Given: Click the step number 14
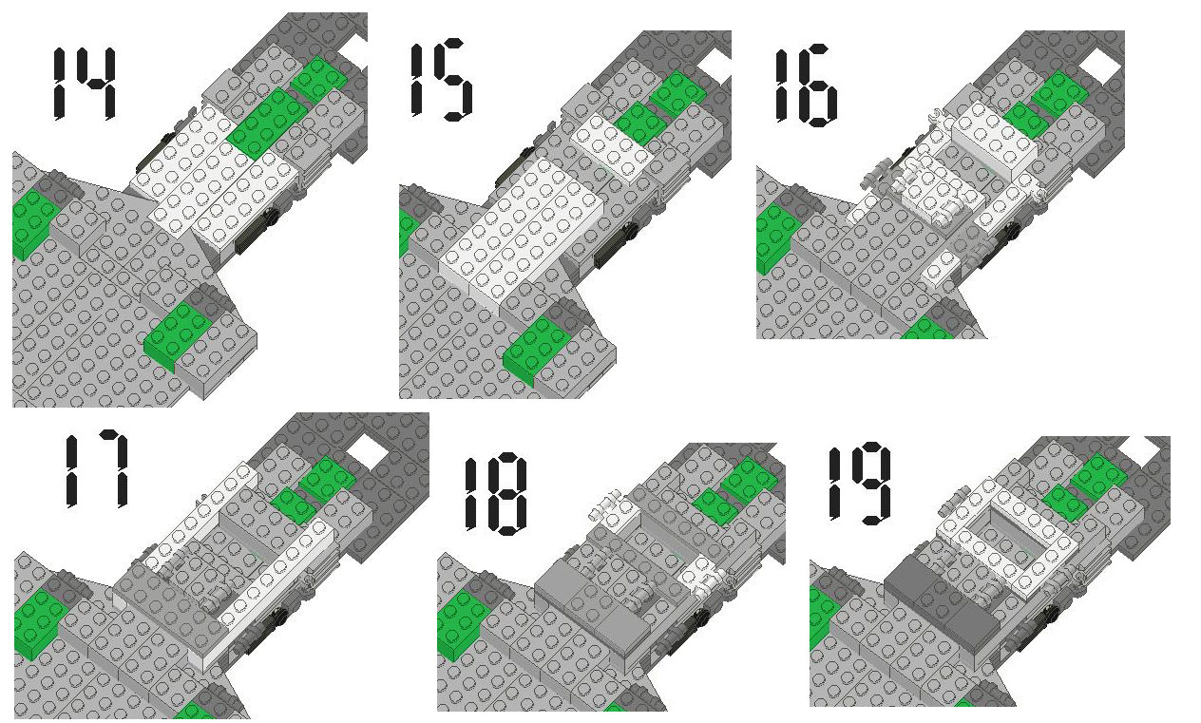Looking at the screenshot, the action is click(x=85, y=83).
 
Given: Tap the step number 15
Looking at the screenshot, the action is click(x=441, y=79).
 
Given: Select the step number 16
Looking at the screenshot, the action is click(x=806, y=86).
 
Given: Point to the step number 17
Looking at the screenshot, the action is click(x=97, y=468).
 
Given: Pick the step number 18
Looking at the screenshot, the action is click(x=495, y=494).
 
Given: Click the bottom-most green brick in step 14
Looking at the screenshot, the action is click(x=178, y=336).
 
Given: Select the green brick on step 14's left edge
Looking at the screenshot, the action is click(x=32, y=223).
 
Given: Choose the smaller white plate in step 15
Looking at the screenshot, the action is click(x=611, y=147).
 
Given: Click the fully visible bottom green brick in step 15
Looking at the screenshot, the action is click(x=538, y=350).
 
